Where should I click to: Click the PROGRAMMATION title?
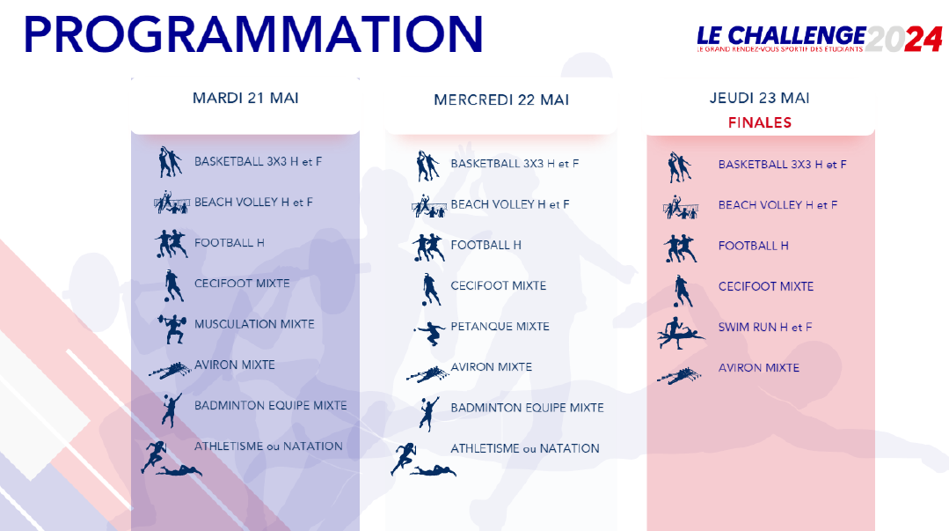click(x=253, y=34)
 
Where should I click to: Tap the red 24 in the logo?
click(x=923, y=40)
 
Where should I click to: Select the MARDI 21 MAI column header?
click(x=245, y=99)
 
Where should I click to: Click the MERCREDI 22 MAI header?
click(x=501, y=100)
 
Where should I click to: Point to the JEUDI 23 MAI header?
click(x=760, y=99)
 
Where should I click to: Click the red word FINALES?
click(x=760, y=123)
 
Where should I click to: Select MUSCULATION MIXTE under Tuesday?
click(x=254, y=324)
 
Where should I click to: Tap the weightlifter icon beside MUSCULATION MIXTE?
click(x=172, y=328)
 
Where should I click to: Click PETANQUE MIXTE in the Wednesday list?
click(x=500, y=327)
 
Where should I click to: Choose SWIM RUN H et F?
click(x=765, y=328)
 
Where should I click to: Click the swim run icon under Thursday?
click(x=680, y=333)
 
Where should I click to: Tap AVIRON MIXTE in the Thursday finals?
click(x=759, y=368)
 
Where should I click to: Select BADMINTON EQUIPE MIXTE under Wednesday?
click(x=527, y=408)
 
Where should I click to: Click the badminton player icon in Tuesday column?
click(x=172, y=409)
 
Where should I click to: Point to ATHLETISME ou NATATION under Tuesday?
click(x=268, y=446)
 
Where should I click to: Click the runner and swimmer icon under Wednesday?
click(x=423, y=460)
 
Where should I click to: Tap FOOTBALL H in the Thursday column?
click(x=754, y=246)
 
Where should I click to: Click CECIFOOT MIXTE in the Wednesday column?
click(x=499, y=286)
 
